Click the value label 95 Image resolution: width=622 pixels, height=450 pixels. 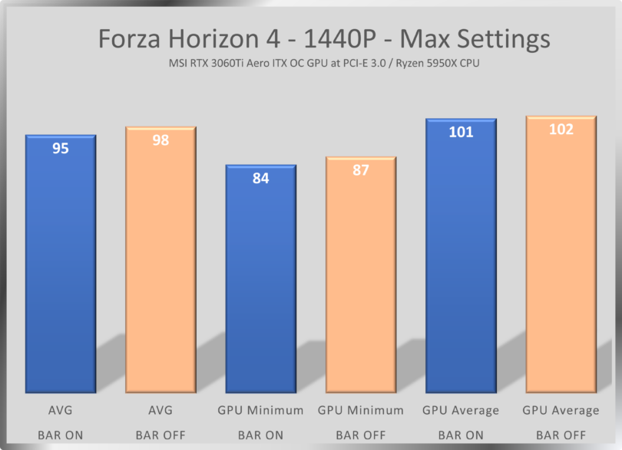(x=61, y=149)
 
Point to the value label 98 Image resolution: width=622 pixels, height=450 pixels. (x=161, y=140)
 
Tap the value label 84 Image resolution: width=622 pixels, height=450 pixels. (x=260, y=179)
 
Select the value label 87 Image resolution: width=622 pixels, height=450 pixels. (x=361, y=170)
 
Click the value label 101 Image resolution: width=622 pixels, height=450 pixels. (x=461, y=132)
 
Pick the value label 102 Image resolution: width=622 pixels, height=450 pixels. (x=561, y=130)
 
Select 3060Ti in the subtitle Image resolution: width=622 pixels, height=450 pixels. (x=243, y=64)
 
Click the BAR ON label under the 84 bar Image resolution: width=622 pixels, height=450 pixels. (x=260, y=435)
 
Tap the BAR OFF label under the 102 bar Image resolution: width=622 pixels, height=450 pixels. (x=561, y=435)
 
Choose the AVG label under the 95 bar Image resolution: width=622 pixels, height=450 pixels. (x=61, y=411)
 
